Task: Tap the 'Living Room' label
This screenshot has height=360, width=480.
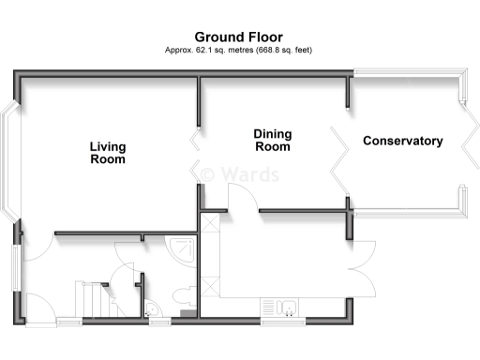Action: point(108,153)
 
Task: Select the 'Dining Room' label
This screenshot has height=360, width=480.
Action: point(272,141)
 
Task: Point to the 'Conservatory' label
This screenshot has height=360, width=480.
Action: point(402,142)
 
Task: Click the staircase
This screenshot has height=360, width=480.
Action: point(92,299)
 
